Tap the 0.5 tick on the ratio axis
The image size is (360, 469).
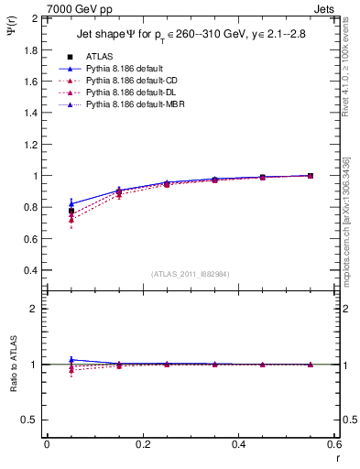click(29, 420)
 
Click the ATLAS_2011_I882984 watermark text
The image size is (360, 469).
click(190, 273)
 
